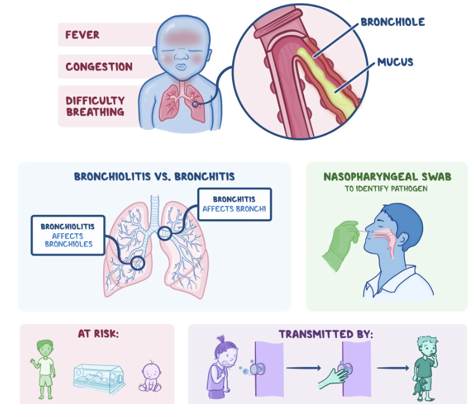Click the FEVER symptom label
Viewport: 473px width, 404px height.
pos(83,34)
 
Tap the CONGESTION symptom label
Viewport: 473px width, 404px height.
pos(98,67)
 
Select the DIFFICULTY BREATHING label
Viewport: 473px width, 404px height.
pos(95,106)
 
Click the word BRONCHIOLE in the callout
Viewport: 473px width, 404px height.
pos(393,22)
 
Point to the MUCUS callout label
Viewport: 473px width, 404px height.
pos(395,62)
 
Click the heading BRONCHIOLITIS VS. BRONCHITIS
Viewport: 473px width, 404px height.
pos(154,176)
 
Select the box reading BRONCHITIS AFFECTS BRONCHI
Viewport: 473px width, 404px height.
pos(234,204)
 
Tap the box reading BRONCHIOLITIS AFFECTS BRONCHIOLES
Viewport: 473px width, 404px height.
pos(68,235)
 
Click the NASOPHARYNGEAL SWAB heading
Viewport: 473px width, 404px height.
pos(387,177)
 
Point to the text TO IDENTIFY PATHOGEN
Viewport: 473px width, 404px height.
pos(387,189)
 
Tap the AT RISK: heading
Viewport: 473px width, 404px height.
pos(98,334)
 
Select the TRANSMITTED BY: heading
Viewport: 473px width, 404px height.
pos(326,334)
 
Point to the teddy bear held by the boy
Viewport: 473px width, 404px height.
pos(422,386)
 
